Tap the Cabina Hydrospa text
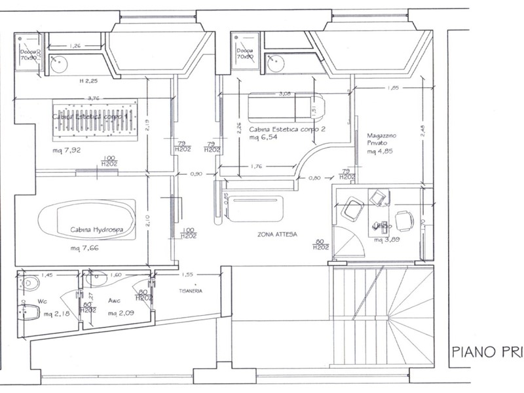98,230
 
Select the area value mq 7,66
86,250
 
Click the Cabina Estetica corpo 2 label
287,130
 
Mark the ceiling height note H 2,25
88,81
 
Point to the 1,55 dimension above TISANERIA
187,276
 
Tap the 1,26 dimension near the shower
74,46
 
